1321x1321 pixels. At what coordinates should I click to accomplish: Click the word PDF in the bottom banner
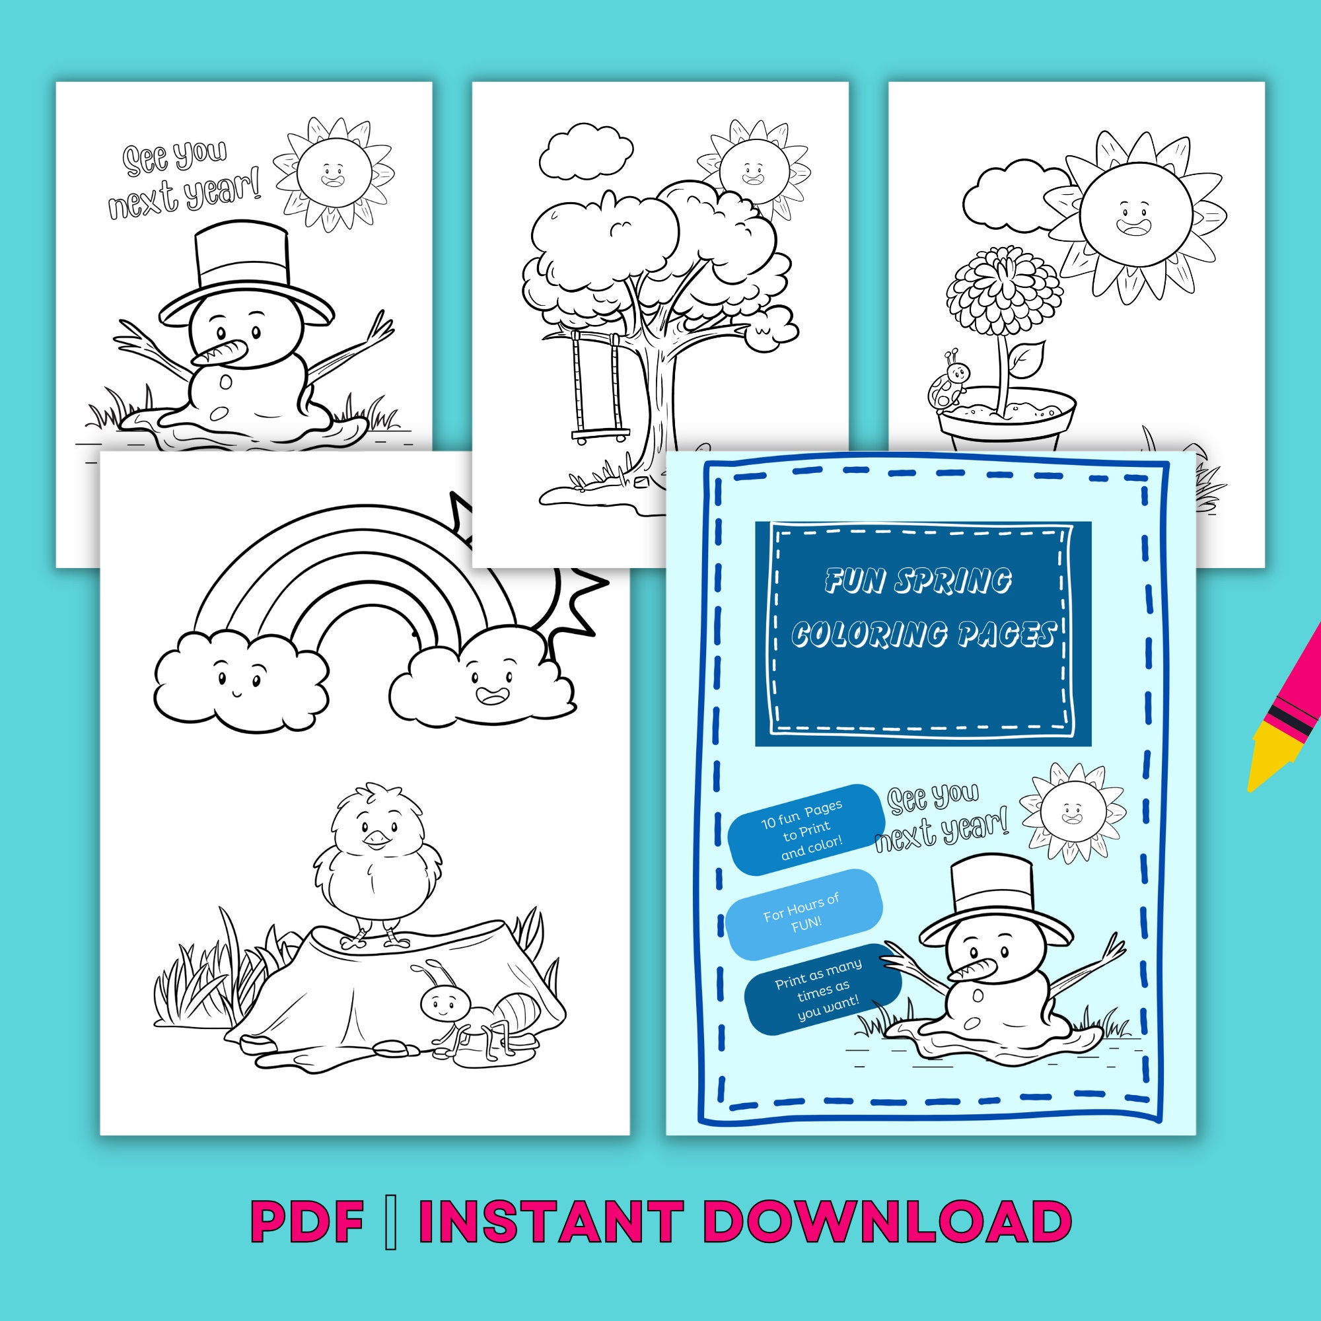point(305,1221)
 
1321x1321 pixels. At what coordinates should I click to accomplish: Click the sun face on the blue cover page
point(1071,813)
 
